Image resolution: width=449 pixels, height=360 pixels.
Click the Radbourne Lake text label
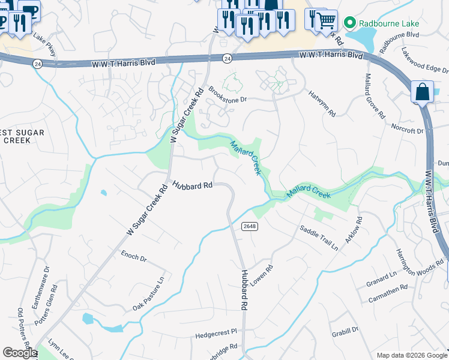389,23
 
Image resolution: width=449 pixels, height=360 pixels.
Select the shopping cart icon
326,20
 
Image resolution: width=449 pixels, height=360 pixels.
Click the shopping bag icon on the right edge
422,93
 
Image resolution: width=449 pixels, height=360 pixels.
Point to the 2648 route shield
250,226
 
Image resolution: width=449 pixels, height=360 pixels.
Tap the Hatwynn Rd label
322,103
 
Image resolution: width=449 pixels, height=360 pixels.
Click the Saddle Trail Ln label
319,238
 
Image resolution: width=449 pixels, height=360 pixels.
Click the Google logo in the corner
19,353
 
